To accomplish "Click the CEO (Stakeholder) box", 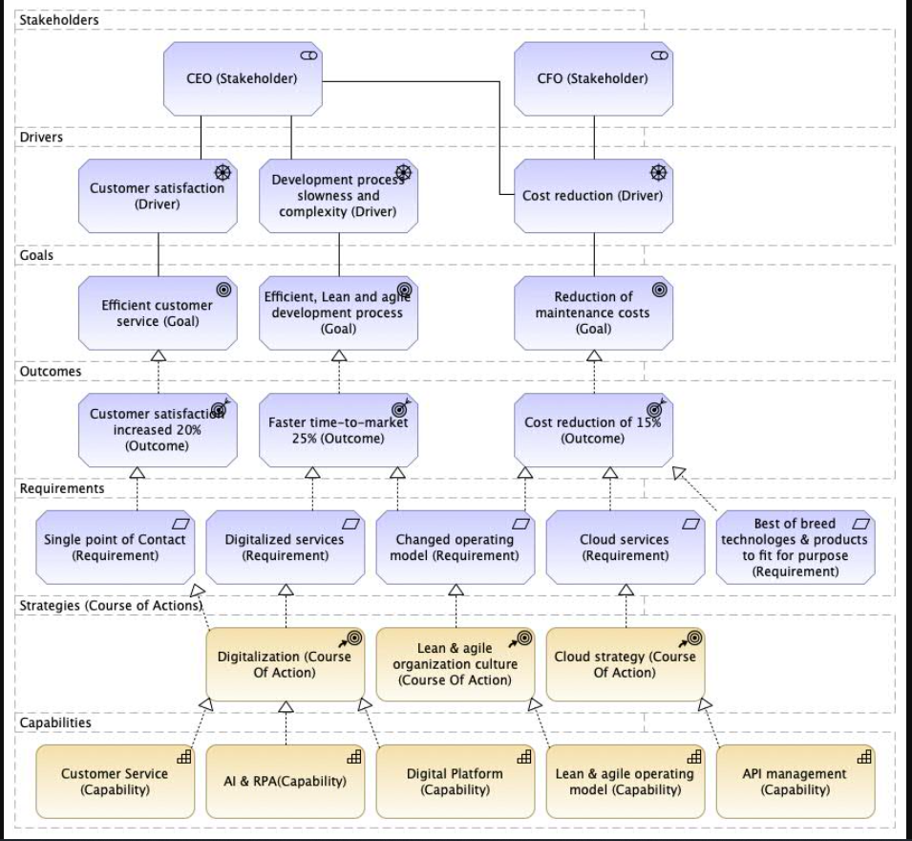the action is coord(243,78).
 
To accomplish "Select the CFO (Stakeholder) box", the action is coord(593,78).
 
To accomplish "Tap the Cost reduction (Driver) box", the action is coord(593,196).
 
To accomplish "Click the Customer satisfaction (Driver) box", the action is coord(158,196).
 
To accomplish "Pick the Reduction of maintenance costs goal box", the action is coord(593,313).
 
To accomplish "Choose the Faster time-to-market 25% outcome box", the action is coord(338,430).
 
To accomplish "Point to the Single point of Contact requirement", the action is coord(116,548).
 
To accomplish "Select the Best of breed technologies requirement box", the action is coord(795,548).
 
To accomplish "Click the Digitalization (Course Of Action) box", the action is coord(285,664).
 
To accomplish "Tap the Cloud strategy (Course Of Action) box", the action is coord(626,664).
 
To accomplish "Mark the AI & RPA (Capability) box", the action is coord(285,782).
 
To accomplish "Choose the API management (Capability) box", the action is coord(795,782).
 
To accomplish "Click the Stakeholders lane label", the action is coord(59,20).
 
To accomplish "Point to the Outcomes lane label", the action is coord(51,372).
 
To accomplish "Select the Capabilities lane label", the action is coord(55,722).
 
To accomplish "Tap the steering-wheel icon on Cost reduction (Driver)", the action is coord(658,173).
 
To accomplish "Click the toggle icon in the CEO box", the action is coord(308,55).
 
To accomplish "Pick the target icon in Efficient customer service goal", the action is coord(223,290).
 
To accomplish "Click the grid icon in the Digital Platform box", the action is coord(524,757).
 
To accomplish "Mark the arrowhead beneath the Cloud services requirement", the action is coord(626,590).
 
